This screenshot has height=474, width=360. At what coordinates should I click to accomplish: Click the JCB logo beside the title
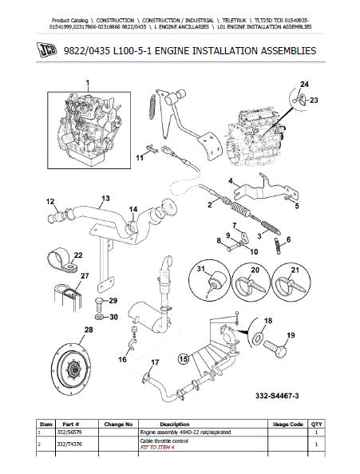coord(47,50)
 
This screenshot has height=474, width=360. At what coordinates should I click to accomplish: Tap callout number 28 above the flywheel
coord(89,330)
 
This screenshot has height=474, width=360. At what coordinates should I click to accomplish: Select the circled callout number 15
coord(184,359)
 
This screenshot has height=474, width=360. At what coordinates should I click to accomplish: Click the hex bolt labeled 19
coord(275,348)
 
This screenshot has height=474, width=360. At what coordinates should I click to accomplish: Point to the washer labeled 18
coord(258,338)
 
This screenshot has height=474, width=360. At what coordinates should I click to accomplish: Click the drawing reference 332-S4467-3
coord(277,396)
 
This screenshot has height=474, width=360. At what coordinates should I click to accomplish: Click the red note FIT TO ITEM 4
coord(157,448)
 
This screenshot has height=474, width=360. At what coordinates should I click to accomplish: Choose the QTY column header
coord(316,424)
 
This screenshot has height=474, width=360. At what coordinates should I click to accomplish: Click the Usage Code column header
coord(287,424)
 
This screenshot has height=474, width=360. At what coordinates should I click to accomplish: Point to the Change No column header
coord(118,424)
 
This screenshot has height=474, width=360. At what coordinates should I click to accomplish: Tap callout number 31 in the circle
coord(201,269)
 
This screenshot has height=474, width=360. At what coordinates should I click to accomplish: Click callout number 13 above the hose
coord(105,199)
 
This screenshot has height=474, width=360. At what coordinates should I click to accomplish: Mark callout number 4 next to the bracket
coord(231,181)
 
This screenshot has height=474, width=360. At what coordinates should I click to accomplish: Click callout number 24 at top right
coord(304,84)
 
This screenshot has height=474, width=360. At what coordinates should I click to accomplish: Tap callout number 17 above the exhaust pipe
coord(155,362)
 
